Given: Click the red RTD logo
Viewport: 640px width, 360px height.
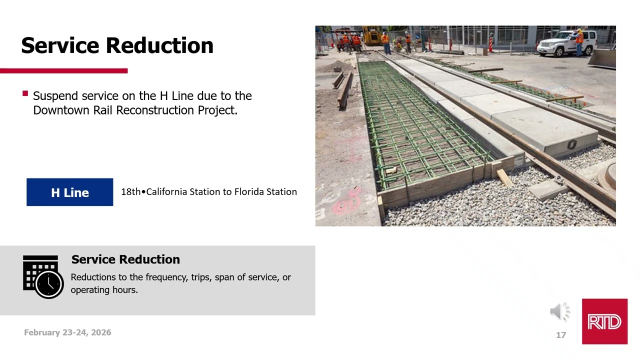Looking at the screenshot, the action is pos(604,321).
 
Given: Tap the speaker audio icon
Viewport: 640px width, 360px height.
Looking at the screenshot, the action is pos(560,311).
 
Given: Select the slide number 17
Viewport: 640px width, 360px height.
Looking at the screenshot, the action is pos(561,335).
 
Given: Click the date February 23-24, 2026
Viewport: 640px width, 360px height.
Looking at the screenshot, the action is pos(67,332).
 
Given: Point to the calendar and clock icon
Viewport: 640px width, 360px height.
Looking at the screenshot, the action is pos(43,277).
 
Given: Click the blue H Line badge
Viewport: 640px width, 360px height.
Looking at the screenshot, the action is pos(69,192).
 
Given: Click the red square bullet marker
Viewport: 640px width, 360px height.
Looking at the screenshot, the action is pos(25,93).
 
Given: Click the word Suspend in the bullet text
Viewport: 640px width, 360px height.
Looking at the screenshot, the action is pos(55,96).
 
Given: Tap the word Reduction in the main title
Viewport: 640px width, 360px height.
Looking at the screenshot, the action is pos(159,45).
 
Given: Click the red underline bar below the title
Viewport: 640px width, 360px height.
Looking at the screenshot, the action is pos(63,71).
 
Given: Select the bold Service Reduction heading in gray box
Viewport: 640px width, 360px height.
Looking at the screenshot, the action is pos(125,259).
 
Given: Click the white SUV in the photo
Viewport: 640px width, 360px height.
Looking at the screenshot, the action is pos(567,43).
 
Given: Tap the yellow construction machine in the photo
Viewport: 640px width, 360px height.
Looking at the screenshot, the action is pos(372,35).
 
